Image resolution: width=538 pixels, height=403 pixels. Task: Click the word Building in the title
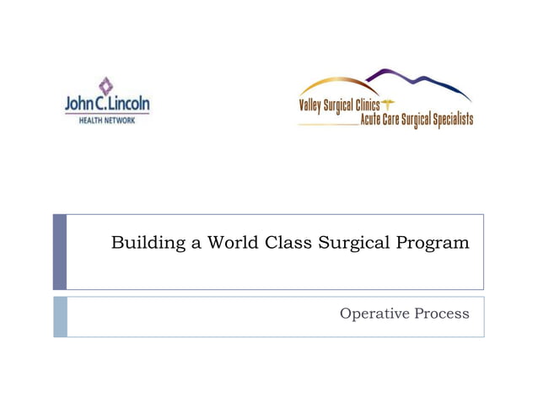coord(142,244)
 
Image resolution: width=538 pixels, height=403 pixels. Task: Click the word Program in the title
coord(433,244)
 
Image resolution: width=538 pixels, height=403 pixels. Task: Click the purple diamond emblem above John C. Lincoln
coord(105,85)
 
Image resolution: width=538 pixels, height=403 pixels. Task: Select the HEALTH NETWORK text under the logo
coord(100,119)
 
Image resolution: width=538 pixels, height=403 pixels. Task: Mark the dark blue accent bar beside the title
coord(59,251)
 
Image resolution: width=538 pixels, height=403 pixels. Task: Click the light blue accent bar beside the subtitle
coord(59,316)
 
